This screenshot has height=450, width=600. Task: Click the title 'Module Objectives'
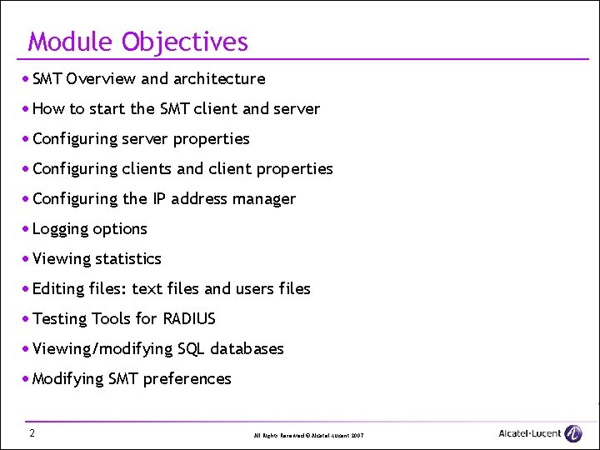[x=137, y=42]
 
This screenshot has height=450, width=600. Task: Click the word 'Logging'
[x=59, y=229]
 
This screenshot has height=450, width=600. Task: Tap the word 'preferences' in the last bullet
[x=187, y=379]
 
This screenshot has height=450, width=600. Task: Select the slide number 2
[x=31, y=432]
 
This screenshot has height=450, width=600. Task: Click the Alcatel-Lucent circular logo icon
[x=573, y=433]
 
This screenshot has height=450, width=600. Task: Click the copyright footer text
[x=308, y=436]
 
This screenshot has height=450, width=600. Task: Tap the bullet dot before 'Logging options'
[x=27, y=228]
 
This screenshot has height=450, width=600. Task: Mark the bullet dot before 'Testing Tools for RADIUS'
[x=27, y=318]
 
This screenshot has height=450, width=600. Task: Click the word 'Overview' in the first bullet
[x=101, y=79]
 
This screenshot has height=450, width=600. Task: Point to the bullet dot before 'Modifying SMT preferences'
[x=27, y=378]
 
